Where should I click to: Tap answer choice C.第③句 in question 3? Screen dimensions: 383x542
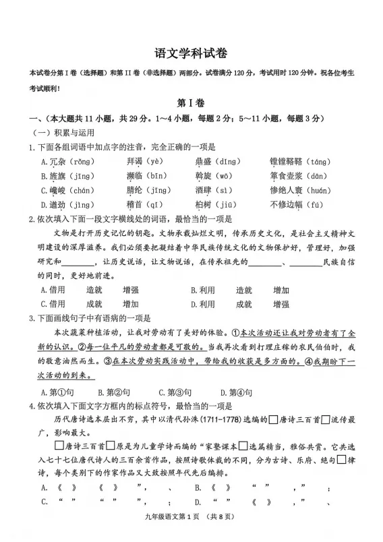(x=175, y=392)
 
